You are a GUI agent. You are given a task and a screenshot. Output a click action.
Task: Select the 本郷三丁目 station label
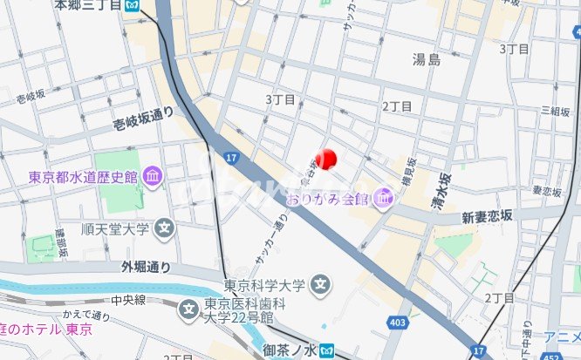(86, 5)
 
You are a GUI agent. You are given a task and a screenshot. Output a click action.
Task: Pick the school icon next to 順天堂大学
(164, 230)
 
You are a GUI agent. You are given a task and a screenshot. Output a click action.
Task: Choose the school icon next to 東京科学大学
(322, 284)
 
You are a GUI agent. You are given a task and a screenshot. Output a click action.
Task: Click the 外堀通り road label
(146, 268)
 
